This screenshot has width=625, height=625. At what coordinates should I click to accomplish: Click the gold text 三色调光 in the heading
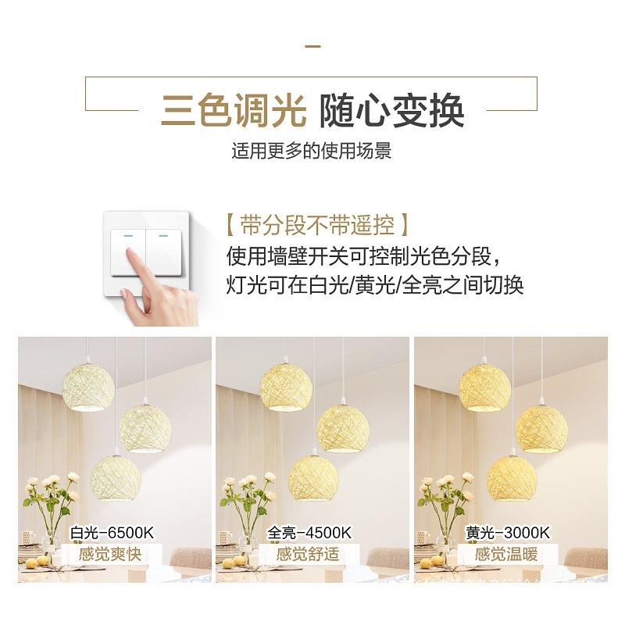(x=233, y=111)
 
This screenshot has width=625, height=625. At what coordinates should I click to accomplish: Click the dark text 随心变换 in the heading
(x=392, y=111)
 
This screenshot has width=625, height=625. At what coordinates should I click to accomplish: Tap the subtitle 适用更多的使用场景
(x=312, y=151)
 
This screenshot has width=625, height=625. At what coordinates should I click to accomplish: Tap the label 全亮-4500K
(x=309, y=534)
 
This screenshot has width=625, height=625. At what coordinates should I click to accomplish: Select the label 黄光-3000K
(x=508, y=534)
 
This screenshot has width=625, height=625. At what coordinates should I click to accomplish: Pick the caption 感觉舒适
(x=309, y=555)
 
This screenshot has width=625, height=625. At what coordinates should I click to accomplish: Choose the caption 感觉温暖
(x=508, y=555)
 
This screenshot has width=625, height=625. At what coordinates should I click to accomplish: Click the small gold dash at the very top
(x=312, y=47)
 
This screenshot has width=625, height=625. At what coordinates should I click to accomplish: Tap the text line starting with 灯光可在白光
(x=375, y=284)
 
